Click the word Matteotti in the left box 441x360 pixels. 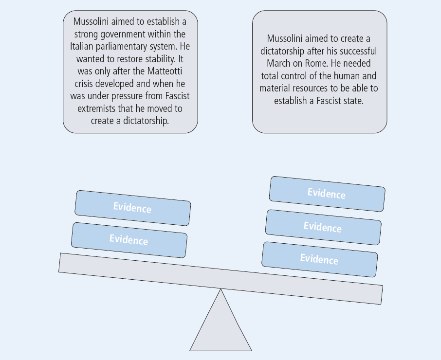tap(165, 71)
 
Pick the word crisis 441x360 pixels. tap(84, 84)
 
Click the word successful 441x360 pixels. tap(358, 51)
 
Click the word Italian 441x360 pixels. tap(82, 46)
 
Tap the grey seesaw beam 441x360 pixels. tap(221, 278)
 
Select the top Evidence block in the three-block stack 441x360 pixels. tap(327, 194)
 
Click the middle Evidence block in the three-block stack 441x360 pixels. tap(323, 227)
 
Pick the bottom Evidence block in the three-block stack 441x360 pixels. tap(320, 259)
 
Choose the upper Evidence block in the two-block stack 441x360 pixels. tap(133, 208)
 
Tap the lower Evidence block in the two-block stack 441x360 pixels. tap(129, 240)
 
